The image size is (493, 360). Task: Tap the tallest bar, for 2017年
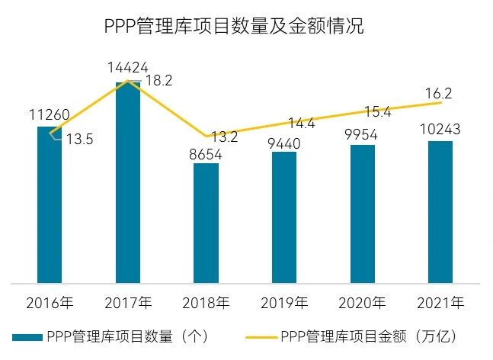tap(128, 183)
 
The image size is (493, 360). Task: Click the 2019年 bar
tap(284, 217)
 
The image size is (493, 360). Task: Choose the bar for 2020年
tap(362, 214)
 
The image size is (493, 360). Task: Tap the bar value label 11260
tap(50, 116)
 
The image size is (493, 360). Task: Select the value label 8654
tap(206, 153)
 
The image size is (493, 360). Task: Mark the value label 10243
tap(440, 130)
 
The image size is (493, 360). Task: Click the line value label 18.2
tap(158, 80)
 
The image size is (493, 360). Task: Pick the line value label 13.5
tap(78, 140)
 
